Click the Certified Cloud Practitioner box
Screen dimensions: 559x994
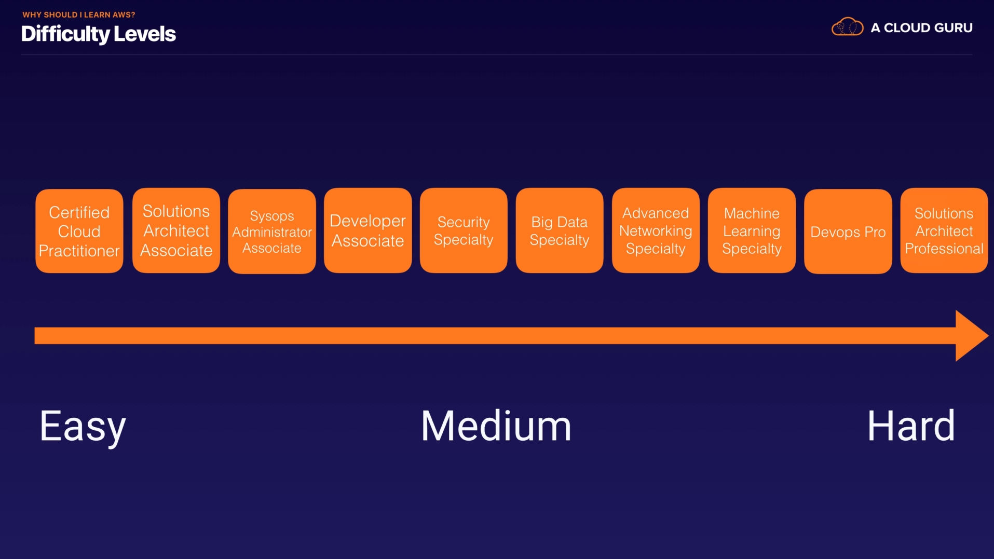click(79, 231)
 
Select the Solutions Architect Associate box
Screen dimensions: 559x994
click(176, 230)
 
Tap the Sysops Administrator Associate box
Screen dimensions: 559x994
click(272, 231)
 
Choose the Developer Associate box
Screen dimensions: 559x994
click(367, 230)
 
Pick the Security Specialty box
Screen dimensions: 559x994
click(464, 230)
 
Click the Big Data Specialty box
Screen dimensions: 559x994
click(560, 230)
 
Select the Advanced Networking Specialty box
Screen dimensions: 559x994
click(656, 230)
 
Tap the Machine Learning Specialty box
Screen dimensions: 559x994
click(752, 230)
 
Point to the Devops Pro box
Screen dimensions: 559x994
click(848, 231)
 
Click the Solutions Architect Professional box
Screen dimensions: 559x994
click(944, 230)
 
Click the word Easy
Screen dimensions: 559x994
click(83, 427)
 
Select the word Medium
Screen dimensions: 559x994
click(496, 426)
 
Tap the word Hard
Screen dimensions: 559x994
click(911, 426)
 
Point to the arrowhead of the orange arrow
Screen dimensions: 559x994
click(971, 336)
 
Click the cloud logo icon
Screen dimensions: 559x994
click(847, 27)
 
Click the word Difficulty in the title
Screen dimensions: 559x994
click(65, 34)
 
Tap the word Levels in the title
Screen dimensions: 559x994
click(145, 34)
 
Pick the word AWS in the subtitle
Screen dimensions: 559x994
click(122, 15)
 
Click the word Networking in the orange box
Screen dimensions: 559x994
click(656, 231)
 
